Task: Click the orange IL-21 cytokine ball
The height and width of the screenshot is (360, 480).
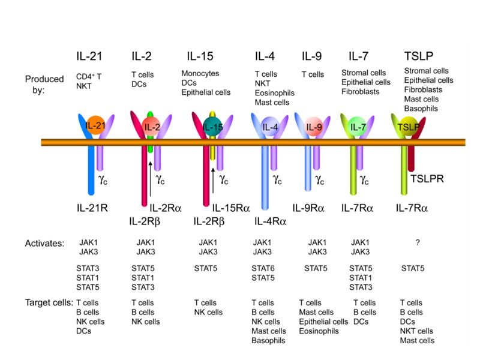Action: [x=95, y=125]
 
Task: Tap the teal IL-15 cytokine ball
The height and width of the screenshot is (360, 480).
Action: [x=212, y=125]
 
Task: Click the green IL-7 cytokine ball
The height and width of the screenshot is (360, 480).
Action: [x=358, y=127]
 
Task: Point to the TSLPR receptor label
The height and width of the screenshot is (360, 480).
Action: [x=427, y=178]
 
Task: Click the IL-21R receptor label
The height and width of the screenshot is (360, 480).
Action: [x=91, y=208]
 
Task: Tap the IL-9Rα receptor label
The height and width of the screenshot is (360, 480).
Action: [x=308, y=208]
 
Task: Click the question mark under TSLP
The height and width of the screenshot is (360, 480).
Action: [x=416, y=242]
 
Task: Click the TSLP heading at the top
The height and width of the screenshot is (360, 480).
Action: [x=416, y=57]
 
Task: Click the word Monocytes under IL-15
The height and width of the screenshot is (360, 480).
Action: [x=200, y=74]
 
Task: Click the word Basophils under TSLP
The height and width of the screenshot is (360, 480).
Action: [x=421, y=109]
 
